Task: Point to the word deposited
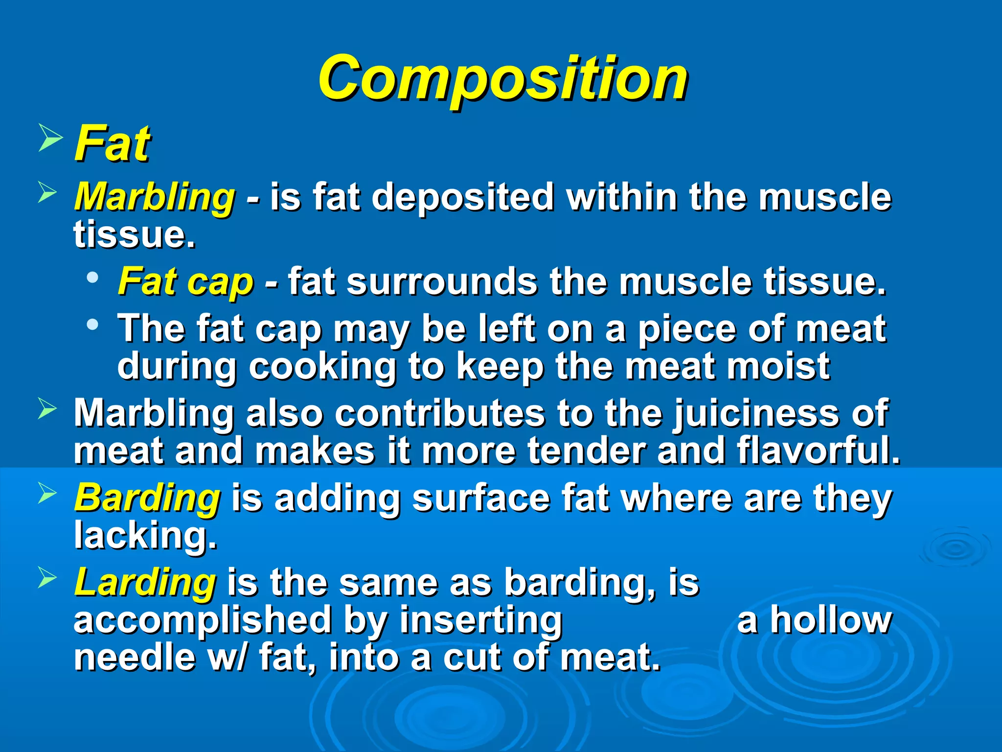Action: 462,197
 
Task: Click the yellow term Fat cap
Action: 186,282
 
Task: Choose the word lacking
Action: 145,535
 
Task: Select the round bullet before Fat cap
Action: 92,278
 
